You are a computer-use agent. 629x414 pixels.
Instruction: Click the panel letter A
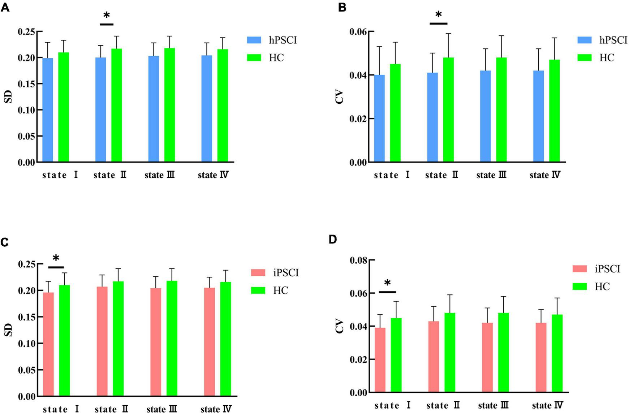(5, 7)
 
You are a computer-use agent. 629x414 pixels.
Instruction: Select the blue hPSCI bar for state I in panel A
(48, 110)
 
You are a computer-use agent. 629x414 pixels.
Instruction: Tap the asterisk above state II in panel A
(107, 15)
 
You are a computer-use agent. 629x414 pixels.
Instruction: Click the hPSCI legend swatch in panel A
(254, 40)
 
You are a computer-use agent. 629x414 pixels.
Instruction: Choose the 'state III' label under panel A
(160, 175)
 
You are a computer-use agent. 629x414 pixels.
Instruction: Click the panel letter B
(342, 7)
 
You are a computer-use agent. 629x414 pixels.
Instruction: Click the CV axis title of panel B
(339, 97)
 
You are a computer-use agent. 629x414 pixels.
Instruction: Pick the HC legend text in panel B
(607, 58)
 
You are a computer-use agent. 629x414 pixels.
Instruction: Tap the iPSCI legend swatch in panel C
(258, 273)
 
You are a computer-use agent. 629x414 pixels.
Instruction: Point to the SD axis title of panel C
(8, 329)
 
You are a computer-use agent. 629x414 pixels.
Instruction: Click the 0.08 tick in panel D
(358, 260)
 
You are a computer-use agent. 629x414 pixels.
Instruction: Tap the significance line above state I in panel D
(387, 292)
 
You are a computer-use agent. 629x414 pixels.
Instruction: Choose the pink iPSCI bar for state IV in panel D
(541, 358)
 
